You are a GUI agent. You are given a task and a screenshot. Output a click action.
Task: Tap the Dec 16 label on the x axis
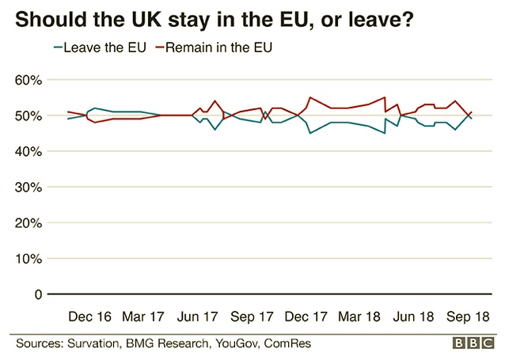coord(89,316)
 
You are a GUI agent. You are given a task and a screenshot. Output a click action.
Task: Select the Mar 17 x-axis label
coord(143,316)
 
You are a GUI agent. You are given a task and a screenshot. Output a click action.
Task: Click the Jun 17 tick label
coord(197,316)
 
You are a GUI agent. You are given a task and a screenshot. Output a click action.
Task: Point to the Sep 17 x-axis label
coord(251,316)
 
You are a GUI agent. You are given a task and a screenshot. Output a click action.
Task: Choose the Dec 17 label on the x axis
coord(305,316)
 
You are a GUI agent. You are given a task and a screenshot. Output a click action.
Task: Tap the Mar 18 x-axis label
coord(359,316)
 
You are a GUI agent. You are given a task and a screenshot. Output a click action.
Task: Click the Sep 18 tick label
coord(467,316)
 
